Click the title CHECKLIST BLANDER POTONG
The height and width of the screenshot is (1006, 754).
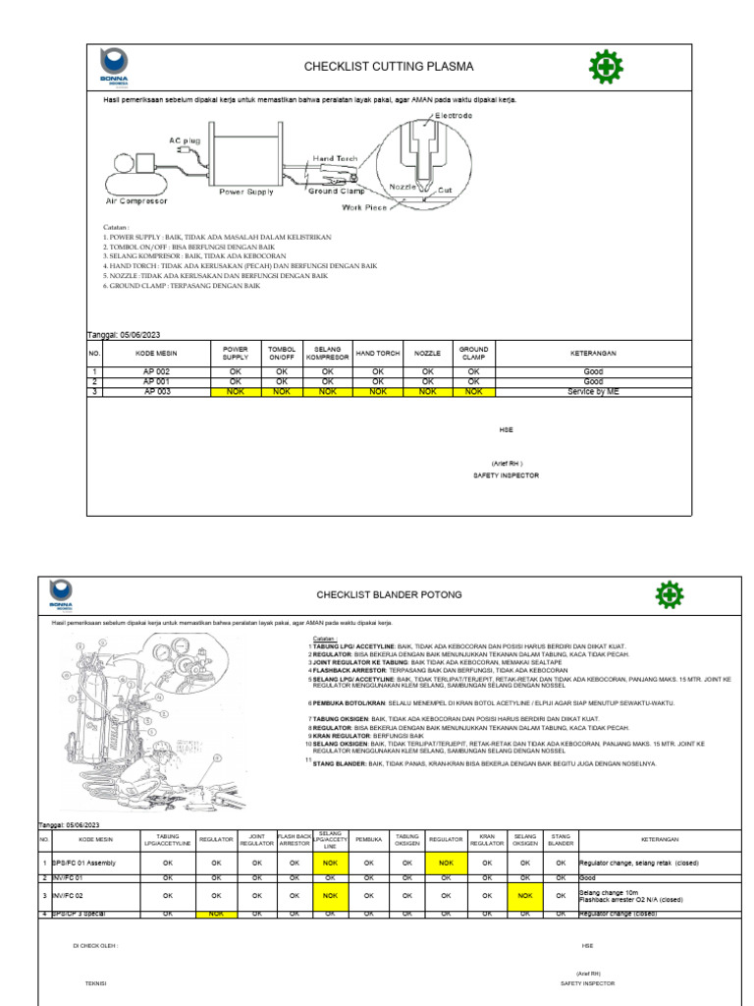coord(389,595)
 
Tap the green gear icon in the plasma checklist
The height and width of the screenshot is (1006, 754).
coord(604,67)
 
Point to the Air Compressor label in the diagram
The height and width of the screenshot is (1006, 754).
coord(136,200)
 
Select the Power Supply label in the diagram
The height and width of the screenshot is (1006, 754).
coord(245,193)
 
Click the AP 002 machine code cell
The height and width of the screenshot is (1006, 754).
coord(157,372)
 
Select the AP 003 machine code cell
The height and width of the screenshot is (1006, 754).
coord(157,391)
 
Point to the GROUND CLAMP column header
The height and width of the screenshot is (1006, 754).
coord(473,353)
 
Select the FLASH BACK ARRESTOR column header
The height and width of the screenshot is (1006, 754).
coord(294,840)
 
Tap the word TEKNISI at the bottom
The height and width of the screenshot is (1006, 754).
coord(97,981)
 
